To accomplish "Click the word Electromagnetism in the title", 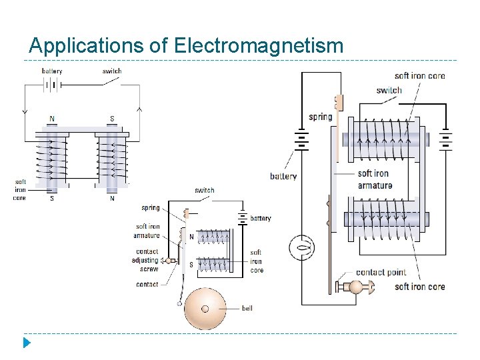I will tap(259, 46).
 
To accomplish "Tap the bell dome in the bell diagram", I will tap(205, 308).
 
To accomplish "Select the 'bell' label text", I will tap(247, 309).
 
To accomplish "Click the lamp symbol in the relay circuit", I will tap(301, 248).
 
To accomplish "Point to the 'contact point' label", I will tap(381, 272).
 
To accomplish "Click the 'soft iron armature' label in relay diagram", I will tap(375, 180).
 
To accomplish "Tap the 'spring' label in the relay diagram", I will tap(320, 117).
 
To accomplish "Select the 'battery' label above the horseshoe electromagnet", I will tap(52, 71).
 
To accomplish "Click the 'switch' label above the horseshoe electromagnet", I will tap(112, 71).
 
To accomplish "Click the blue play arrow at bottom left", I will tap(27, 343).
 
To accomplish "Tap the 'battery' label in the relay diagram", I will tap(283, 177).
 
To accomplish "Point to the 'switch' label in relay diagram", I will tap(389, 91).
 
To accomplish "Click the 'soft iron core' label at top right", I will tap(419, 76).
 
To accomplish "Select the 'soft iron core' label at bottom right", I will tap(419, 287).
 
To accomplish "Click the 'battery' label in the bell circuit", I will tap(261, 219).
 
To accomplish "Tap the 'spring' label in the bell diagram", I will tap(151, 208).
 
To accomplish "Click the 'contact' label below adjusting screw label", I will tap(147, 285).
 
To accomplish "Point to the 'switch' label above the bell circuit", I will tap(205, 190).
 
